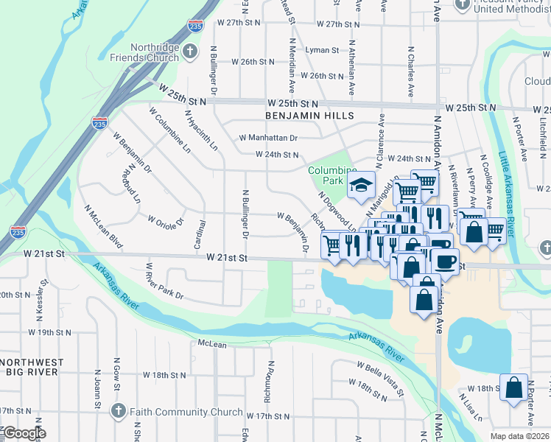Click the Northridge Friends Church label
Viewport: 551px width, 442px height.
144,51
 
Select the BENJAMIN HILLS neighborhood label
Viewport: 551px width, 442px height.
311,116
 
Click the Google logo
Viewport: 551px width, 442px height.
24,433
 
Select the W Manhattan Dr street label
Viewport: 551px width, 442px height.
268,138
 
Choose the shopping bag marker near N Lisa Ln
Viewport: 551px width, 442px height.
513,387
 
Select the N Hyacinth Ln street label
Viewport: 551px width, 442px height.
201,131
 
